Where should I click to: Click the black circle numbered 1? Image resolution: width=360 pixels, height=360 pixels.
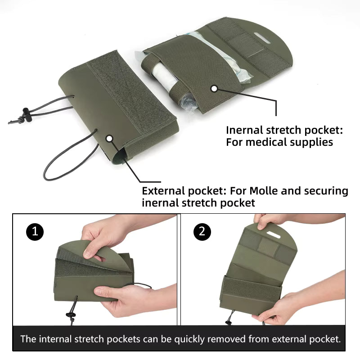35,231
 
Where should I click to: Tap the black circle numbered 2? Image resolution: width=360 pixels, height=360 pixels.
202,231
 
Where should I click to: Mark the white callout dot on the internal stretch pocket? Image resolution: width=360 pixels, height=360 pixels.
214,89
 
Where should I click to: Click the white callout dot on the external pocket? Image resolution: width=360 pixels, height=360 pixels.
109,139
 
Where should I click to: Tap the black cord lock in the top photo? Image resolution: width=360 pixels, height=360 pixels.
26,114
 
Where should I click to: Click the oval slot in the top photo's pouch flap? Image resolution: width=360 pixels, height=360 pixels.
262,38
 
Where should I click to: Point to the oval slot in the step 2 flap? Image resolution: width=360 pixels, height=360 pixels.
273,234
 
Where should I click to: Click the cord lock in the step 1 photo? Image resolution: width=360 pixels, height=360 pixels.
70,315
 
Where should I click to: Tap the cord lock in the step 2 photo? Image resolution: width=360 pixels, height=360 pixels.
229,321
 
